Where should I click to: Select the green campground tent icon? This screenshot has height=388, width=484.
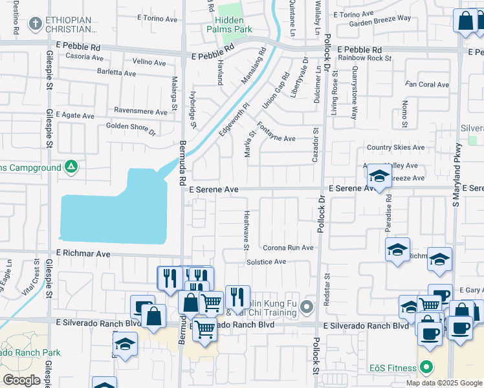(71, 167)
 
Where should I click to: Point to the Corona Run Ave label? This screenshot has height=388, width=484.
(288, 248)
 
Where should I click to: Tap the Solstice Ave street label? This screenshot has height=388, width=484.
(266, 262)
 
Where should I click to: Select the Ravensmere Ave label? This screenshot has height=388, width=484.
(140, 111)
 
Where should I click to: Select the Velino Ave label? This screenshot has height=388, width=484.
(149, 62)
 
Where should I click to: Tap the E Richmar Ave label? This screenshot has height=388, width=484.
(83, 253)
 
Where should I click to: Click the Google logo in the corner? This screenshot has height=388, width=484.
(22, 380)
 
